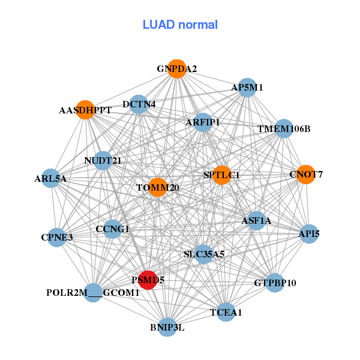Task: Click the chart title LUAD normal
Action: click(180, 25)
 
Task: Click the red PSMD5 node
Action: click(148, 280)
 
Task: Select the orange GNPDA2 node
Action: click(176, 69)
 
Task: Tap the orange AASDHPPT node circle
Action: click(85, 110)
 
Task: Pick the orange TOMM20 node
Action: click(157, 187)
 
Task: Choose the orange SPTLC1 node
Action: click(221, 175)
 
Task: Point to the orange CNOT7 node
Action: click(306, 175)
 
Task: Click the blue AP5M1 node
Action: click(247, 88)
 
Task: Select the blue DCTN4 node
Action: click(139, 104)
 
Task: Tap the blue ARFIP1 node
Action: click(203, 122)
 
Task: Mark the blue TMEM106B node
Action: click(284, 128)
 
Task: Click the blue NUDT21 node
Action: click(103, 160)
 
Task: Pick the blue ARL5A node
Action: click(50, 178)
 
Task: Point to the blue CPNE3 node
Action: click(57, 237)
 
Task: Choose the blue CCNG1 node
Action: click(112, 229)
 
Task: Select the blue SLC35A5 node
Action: click(203, 254)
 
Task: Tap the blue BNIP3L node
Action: click(167, 327)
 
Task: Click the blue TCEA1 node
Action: click(226, 312)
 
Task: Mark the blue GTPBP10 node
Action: click(274, 283)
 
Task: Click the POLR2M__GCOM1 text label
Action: click(93, 293)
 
